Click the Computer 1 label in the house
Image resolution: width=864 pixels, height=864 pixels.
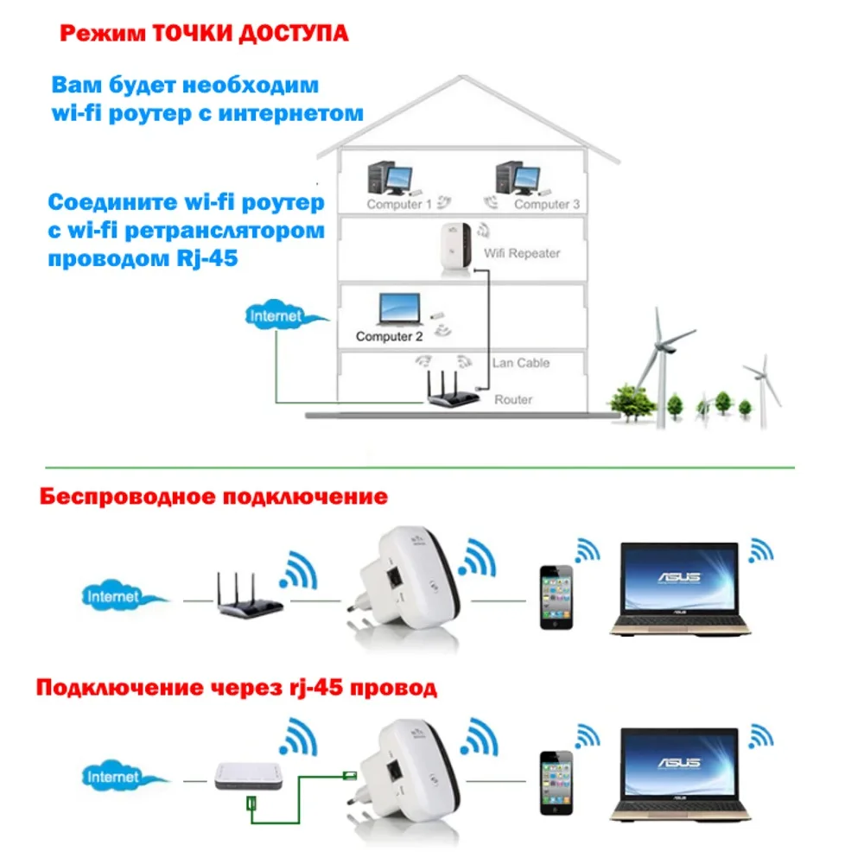click(x=398, y=205)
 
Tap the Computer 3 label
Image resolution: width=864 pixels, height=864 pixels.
click(x=542, y=205)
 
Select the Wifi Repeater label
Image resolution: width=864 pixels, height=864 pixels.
click(x=522, y=253)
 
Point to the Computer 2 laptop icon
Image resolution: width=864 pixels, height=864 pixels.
click(x=400, y=308)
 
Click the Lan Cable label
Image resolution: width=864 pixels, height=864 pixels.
click(x=520, y=363)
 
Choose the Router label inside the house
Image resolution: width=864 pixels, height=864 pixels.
click(x=513, y=400)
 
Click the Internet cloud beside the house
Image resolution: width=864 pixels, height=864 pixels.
click(x=276, y=316)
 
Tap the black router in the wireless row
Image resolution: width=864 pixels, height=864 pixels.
click(x=250, y=596)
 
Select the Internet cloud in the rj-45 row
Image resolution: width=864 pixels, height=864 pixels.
click(x=113, y=777)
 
